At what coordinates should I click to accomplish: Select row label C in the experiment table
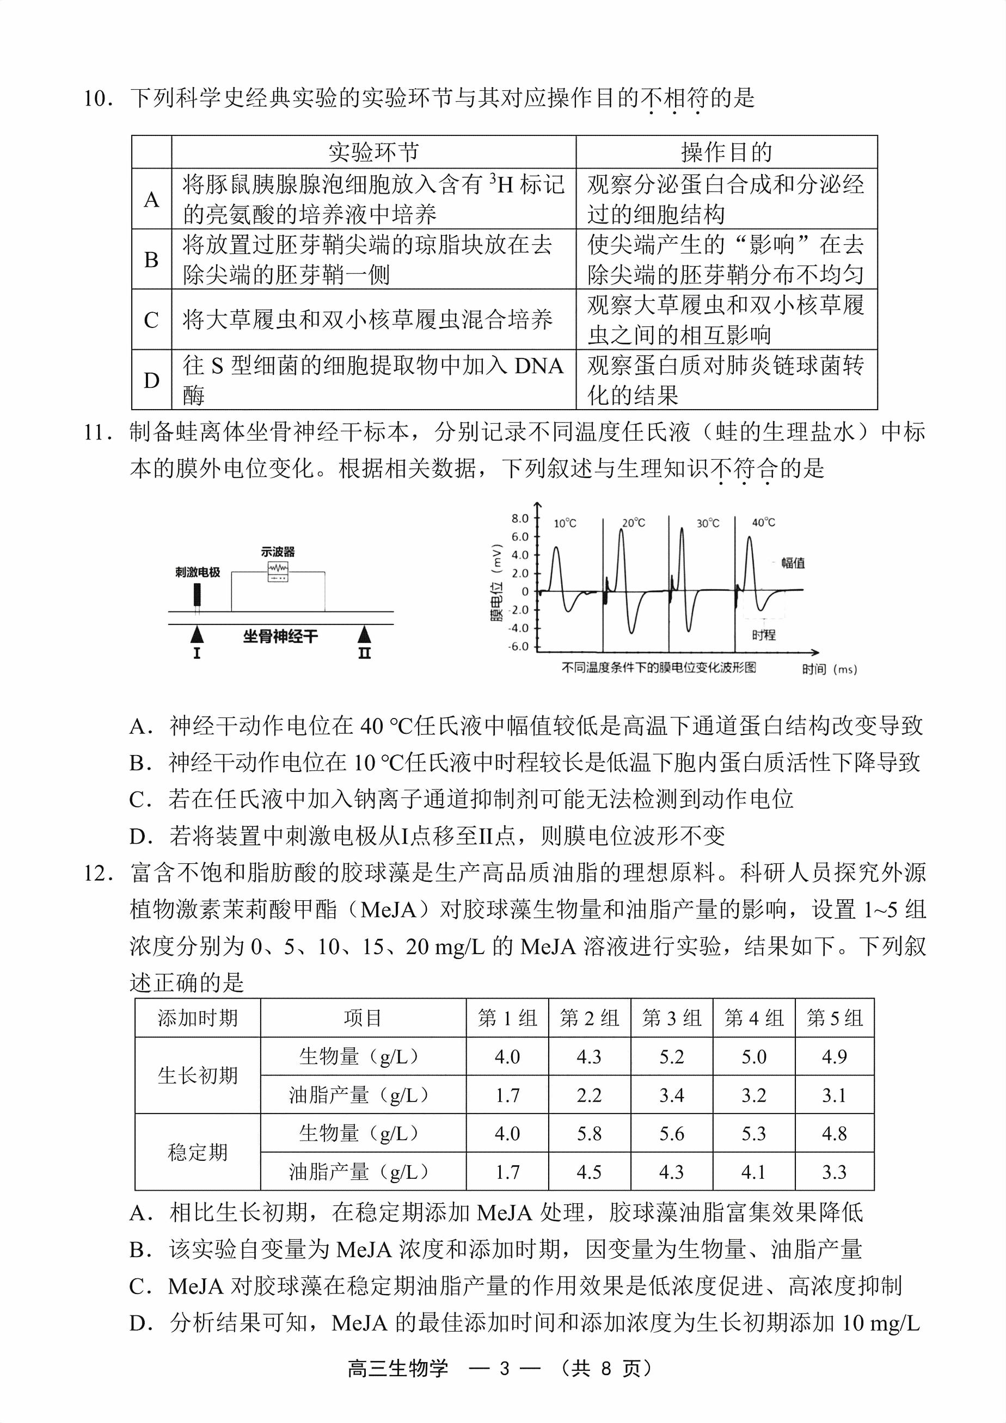coord(151,320)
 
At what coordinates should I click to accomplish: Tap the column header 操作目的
coord(726,152)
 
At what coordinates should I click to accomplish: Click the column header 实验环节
coord(373,152)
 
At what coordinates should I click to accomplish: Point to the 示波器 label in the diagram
coord(277,552)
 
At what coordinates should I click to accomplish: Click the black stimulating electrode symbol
coord(197,594)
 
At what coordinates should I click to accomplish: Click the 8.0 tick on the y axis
coord(520,518)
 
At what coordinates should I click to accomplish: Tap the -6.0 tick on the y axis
coord(518,646)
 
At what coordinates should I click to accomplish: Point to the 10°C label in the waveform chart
coord(565,523)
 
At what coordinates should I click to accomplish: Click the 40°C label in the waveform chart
coord(764,522)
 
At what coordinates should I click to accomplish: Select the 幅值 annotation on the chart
coord(793,563)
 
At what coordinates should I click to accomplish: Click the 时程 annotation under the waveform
coord(764,635)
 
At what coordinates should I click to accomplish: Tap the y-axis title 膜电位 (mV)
coord(496,583)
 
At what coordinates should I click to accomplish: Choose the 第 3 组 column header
coord(672,1018)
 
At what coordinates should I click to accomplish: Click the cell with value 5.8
coord(589,1134)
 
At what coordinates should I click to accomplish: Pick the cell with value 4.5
coord(589,1172)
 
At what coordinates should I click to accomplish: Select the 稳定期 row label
coord(198,1152)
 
